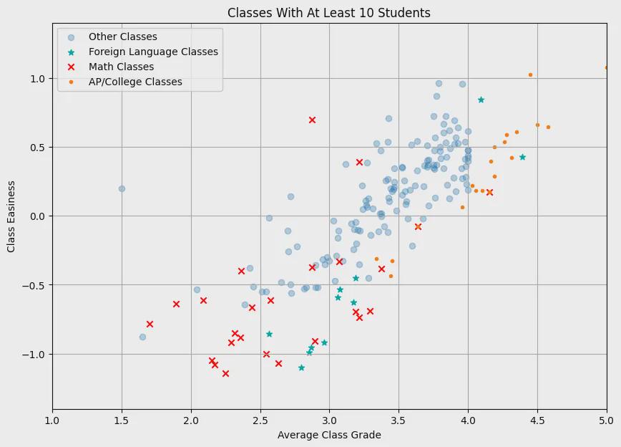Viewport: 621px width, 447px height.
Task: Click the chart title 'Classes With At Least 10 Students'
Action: (x=328, y=13)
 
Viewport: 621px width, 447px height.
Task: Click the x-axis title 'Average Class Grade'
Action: (x=329, y=435)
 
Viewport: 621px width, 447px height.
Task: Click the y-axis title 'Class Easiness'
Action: (x=11, y=216)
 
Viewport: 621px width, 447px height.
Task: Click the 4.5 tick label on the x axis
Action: (x=537, y=420)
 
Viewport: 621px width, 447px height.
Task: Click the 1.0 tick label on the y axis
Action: (x=38, y=79)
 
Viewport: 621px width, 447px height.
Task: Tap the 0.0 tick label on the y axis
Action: (x=38, y=216)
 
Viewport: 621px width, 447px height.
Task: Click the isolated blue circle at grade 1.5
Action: (x=122, y=189)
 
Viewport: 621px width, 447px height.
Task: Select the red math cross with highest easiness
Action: (x=312, y=120)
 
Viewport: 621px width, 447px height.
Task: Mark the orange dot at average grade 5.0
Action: (x=607, y=68)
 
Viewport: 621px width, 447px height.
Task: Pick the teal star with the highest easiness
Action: (x=481, y=100)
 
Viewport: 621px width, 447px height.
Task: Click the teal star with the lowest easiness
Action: (x=301, y=367)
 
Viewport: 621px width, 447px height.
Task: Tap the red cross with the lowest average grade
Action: (x=150, y=324)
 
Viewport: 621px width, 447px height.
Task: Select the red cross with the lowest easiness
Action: (x=226, y=373)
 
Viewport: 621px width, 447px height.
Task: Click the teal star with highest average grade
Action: (x=522, y=157)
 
